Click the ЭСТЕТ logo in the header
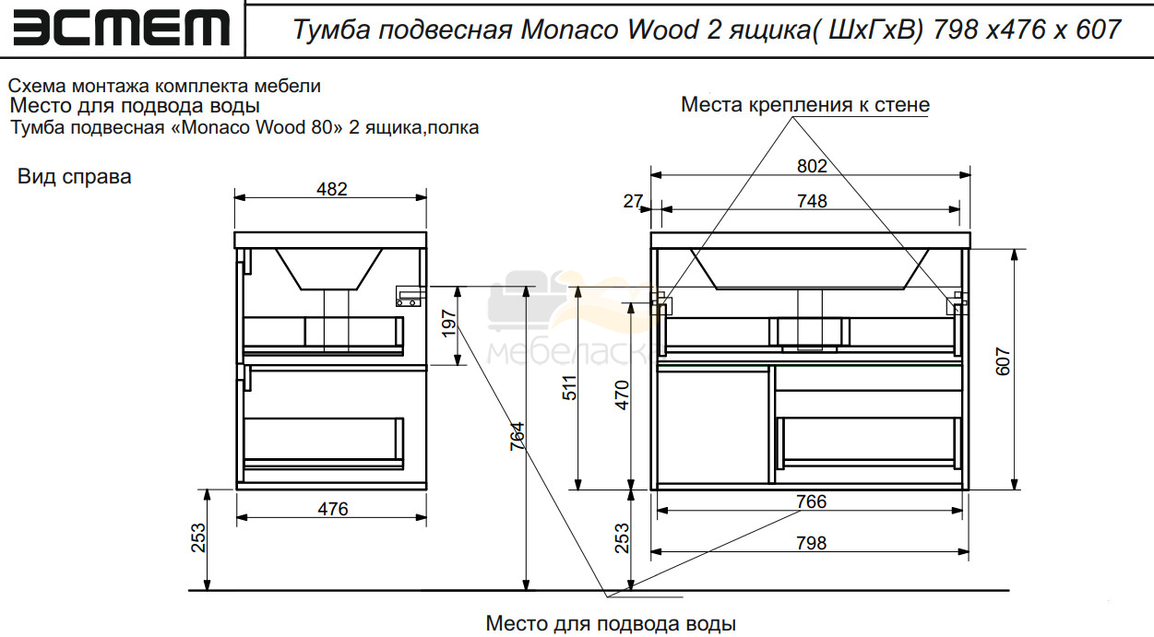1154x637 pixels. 121,29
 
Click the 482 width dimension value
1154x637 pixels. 332,189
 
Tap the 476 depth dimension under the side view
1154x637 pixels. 333,509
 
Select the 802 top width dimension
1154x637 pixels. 812,166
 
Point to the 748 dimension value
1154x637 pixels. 812,201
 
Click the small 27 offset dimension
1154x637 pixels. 633,201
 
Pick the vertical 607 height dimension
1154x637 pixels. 1003,361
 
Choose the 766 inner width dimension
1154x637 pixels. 812,501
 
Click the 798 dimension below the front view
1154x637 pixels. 812,543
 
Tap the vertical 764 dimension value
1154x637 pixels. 517,437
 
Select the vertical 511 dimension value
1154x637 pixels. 569,388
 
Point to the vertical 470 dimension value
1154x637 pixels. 623,395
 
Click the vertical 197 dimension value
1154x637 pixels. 449,323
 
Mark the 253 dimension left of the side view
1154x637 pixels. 198,538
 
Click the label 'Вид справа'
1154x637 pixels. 75,177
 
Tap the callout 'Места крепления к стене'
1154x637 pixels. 805,104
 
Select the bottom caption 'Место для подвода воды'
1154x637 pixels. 611,624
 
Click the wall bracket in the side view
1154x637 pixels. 410,297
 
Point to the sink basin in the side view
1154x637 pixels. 328,269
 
